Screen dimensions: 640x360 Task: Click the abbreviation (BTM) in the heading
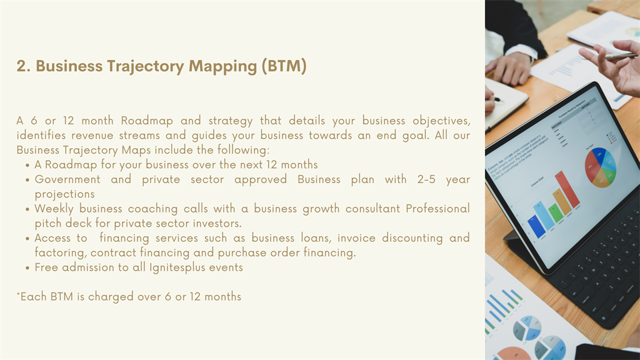[284, 66]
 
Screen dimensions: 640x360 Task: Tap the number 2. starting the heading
[24, 66]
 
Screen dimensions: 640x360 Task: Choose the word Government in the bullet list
[67, 179]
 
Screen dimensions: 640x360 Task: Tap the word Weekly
[54, 209]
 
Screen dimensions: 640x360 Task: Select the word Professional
[437, 209]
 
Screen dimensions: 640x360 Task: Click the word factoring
[61, 252]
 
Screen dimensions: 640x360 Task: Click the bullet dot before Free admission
[27, 269]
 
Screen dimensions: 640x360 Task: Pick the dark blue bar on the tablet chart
[536, 227]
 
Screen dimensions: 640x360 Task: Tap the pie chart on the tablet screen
[601, 167]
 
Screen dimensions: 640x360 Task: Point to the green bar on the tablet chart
[555, 214]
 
